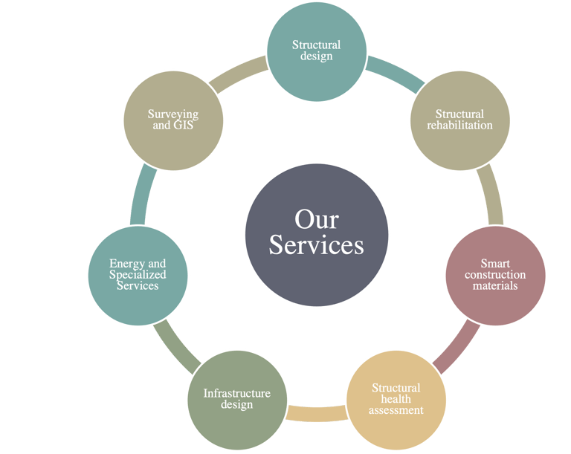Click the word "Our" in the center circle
coord(316,219)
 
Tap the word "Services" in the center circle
coord(316,244)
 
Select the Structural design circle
coord(317,51)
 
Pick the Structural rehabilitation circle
coord(459,120)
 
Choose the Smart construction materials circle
coord(495,275)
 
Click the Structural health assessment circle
coord(396,399)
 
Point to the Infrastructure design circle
coord(236,399)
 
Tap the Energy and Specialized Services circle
coord(138,275)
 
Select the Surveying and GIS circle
coord(172,120)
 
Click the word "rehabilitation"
coord(459,126)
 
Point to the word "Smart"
coord(495,264)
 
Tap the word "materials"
coord(495,286)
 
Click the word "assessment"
coord(396,410)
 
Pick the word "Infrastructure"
coord(236,393)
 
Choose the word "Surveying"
coord(172,114)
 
